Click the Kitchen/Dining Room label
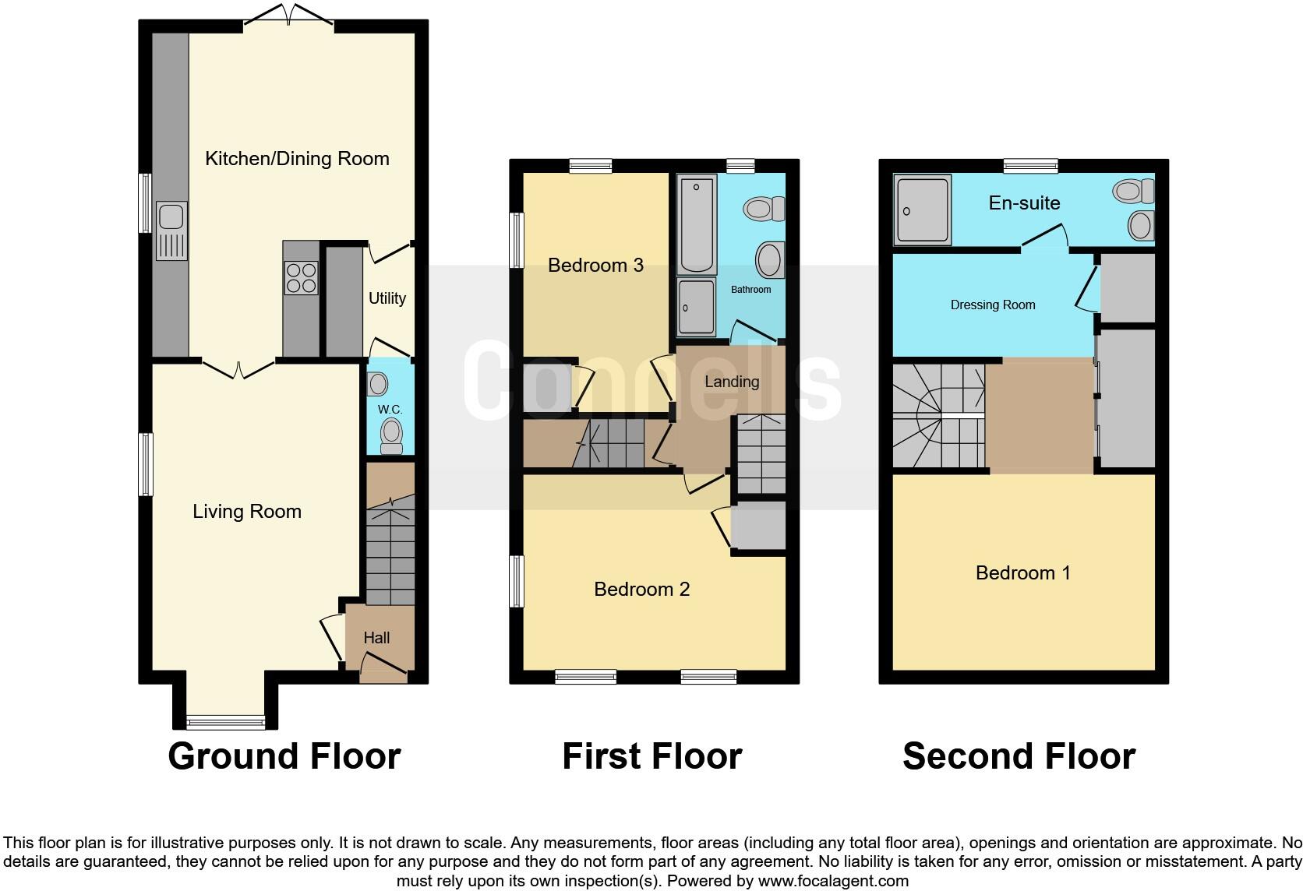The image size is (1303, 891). (x=297, y=159)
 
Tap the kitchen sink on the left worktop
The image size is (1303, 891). (x=171, y=230)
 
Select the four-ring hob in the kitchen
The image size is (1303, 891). (x=302, y=277)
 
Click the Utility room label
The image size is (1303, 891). (x=387, y=298)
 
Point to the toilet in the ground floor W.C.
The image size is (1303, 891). (x=390, y=436)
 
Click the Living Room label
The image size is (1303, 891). (x=247, y=512)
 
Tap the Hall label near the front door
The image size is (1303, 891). (x=376, y=638)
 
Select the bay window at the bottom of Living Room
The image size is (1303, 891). (x=226, y=721)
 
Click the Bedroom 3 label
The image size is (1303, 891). (x=595, y=266)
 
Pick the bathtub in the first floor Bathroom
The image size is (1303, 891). (x=697, y=223)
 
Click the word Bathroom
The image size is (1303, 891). (x=750, y=290)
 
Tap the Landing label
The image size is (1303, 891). (x=731, y=382)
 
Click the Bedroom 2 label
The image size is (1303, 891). (x=641, y=590)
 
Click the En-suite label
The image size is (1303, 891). (x=1024, y=203)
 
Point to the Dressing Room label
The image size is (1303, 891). (x=992, y=305)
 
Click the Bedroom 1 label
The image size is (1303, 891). (x=1022, y=573)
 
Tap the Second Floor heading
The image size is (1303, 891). (x=1019, y=756)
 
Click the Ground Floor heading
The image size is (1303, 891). (x=284, y=756)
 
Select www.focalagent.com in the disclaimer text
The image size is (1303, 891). (x=832, y=882)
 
